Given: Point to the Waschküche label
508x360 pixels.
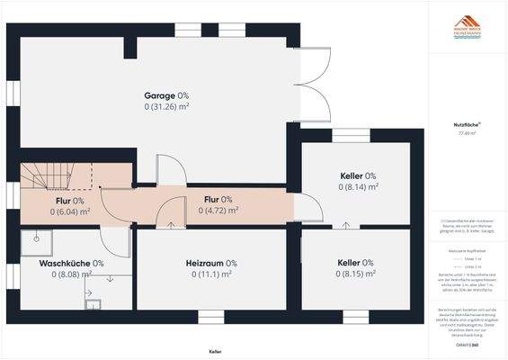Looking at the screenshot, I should [x=71, y=263].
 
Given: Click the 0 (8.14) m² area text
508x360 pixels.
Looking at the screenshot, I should [x=358, y=187].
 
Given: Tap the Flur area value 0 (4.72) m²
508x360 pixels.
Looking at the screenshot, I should [x=218, y=211].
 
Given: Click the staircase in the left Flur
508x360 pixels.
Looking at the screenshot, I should [x=58, y=174].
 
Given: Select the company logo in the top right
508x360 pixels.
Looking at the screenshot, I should [x=467, y=24].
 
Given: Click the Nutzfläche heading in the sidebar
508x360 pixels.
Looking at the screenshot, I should [x=466, y=121].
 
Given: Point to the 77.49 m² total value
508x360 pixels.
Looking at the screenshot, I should [x=466, y=132].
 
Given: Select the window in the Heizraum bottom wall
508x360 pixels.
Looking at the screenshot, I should [x=209, y=317].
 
